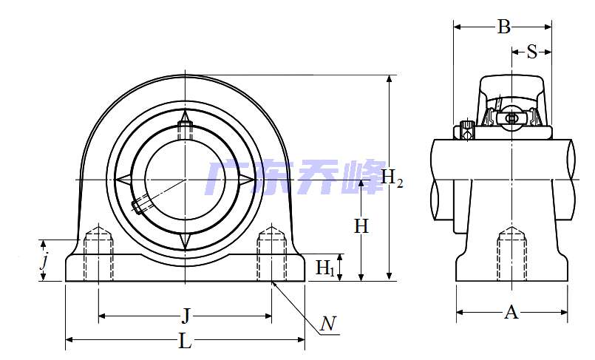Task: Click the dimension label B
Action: click(503, 27)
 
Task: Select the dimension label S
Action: click(532, 52)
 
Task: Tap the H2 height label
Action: click(392, 178)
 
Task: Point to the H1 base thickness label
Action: click(325, 268)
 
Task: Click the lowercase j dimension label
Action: click(45, 261)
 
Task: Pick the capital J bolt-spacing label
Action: click(186, 316)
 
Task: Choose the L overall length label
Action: click(186, 341)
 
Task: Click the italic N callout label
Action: click(328, 324)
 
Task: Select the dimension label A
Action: click(511, 312)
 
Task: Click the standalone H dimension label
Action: click(361, 226)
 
